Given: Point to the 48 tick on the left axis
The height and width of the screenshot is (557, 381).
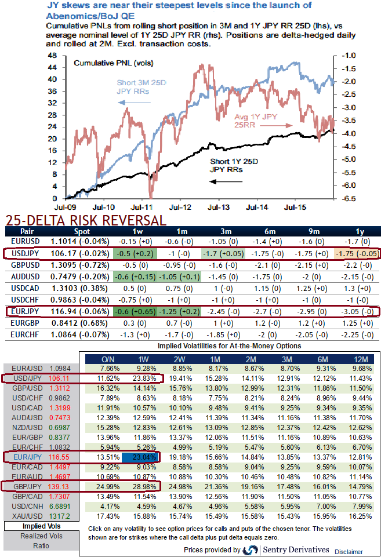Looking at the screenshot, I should point(51,56).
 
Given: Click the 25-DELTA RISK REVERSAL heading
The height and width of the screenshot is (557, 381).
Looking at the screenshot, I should point(85,221).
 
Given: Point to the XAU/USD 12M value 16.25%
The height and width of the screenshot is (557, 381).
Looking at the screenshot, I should point(360,515).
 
